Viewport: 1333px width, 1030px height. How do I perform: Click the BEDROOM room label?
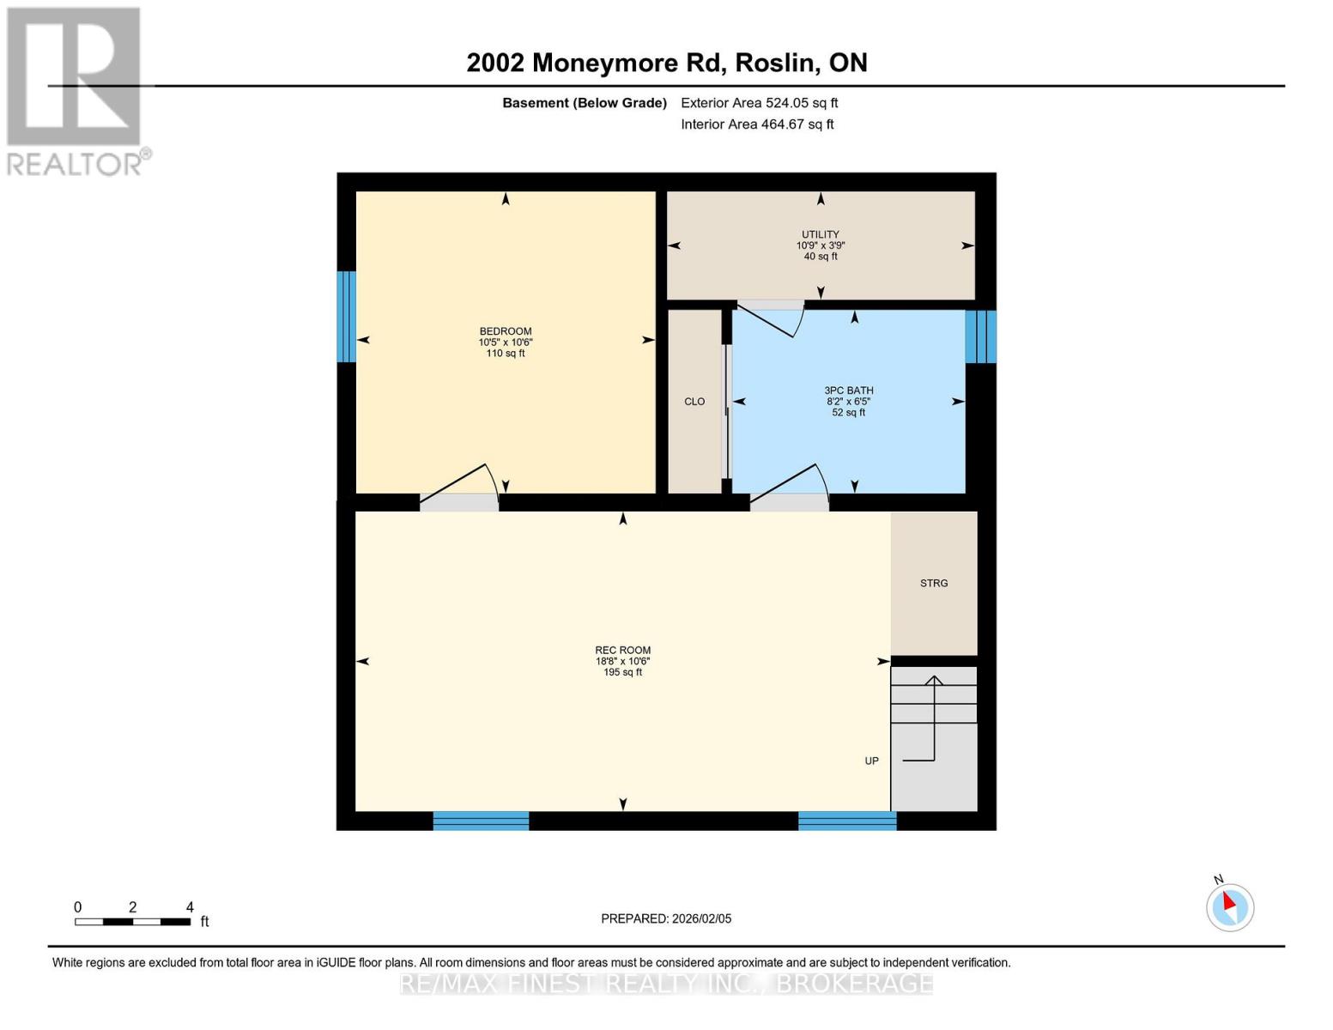coord(505,331)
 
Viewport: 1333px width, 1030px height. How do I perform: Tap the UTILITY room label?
coord(821,234)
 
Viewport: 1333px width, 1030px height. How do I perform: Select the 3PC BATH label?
coord(848,391)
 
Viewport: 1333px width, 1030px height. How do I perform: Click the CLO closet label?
coord(694,402)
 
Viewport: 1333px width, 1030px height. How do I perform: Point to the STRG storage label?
coord(934,584)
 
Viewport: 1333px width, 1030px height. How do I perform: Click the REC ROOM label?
coord(622,651)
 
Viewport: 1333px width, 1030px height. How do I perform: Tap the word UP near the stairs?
coord(871,761)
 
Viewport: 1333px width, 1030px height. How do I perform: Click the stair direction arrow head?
coord(934,681)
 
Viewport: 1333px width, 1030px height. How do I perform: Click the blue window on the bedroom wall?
coord(346,317)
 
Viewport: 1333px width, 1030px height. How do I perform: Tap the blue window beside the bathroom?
coord(980,336)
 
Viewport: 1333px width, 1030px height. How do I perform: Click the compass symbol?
coord(1229,906)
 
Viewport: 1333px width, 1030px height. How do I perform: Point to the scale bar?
coord(133,922)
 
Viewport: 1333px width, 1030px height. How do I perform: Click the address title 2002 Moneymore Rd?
coord(666,63)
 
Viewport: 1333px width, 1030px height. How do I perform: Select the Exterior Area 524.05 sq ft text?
coord(759,103)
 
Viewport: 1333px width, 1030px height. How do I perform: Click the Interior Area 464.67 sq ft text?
coord(757,124)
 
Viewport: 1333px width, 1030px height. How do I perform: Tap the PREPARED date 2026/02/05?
coord(666,918)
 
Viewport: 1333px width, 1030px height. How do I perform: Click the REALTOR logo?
coord(76,90)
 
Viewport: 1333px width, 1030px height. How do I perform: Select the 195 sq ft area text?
coord(622,673)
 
